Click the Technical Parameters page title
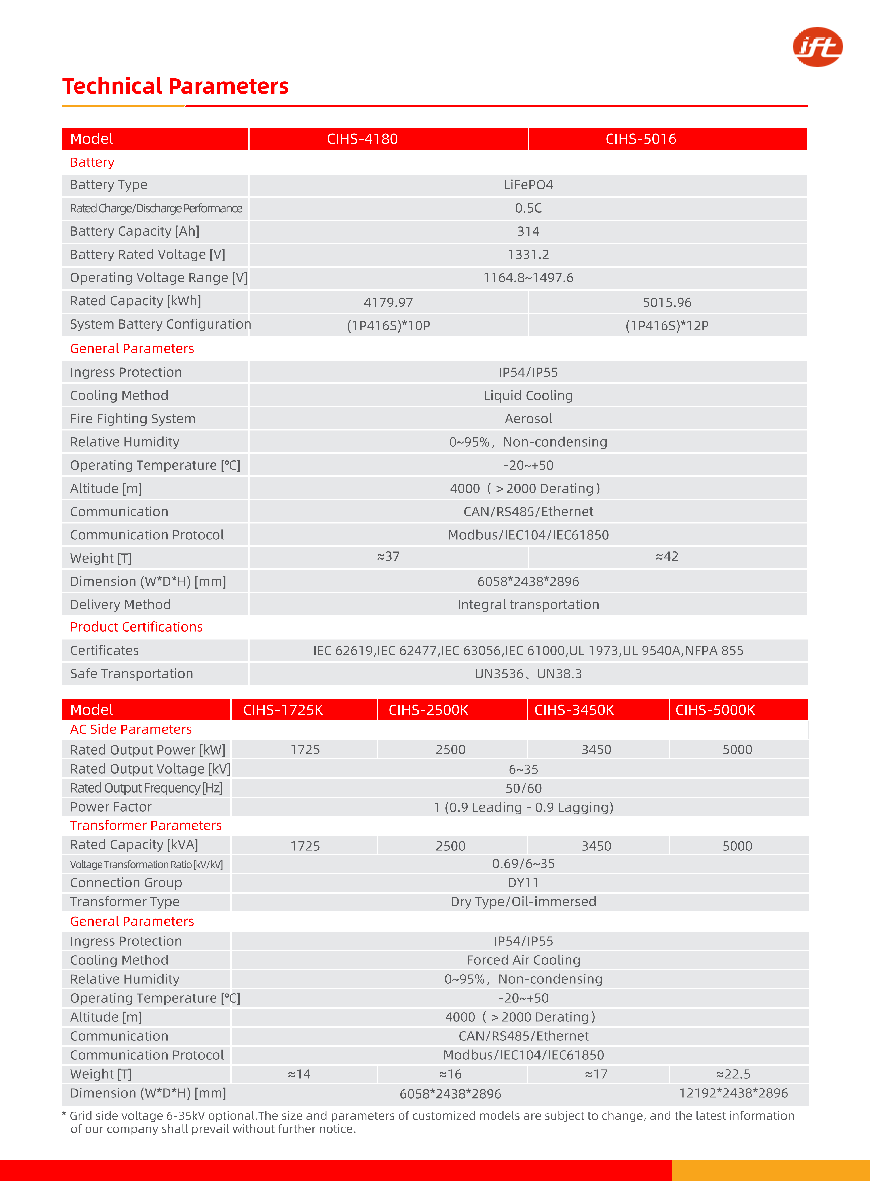pos(175,86)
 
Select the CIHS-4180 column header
pos(362,139)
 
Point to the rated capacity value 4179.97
pos(388,302)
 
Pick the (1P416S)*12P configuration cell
pos(667,326)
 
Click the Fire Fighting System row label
pos(133,419)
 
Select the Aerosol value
pos(528,419)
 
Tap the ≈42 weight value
pos(667,556)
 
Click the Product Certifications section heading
pos(136,627)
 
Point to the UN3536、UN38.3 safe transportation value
pos(528,674)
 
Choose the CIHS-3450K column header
pos(574,710)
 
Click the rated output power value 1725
pos(305,750)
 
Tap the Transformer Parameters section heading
pos(146,825)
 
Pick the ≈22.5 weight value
pos(733,1074)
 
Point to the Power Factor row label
pos(111,807)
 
